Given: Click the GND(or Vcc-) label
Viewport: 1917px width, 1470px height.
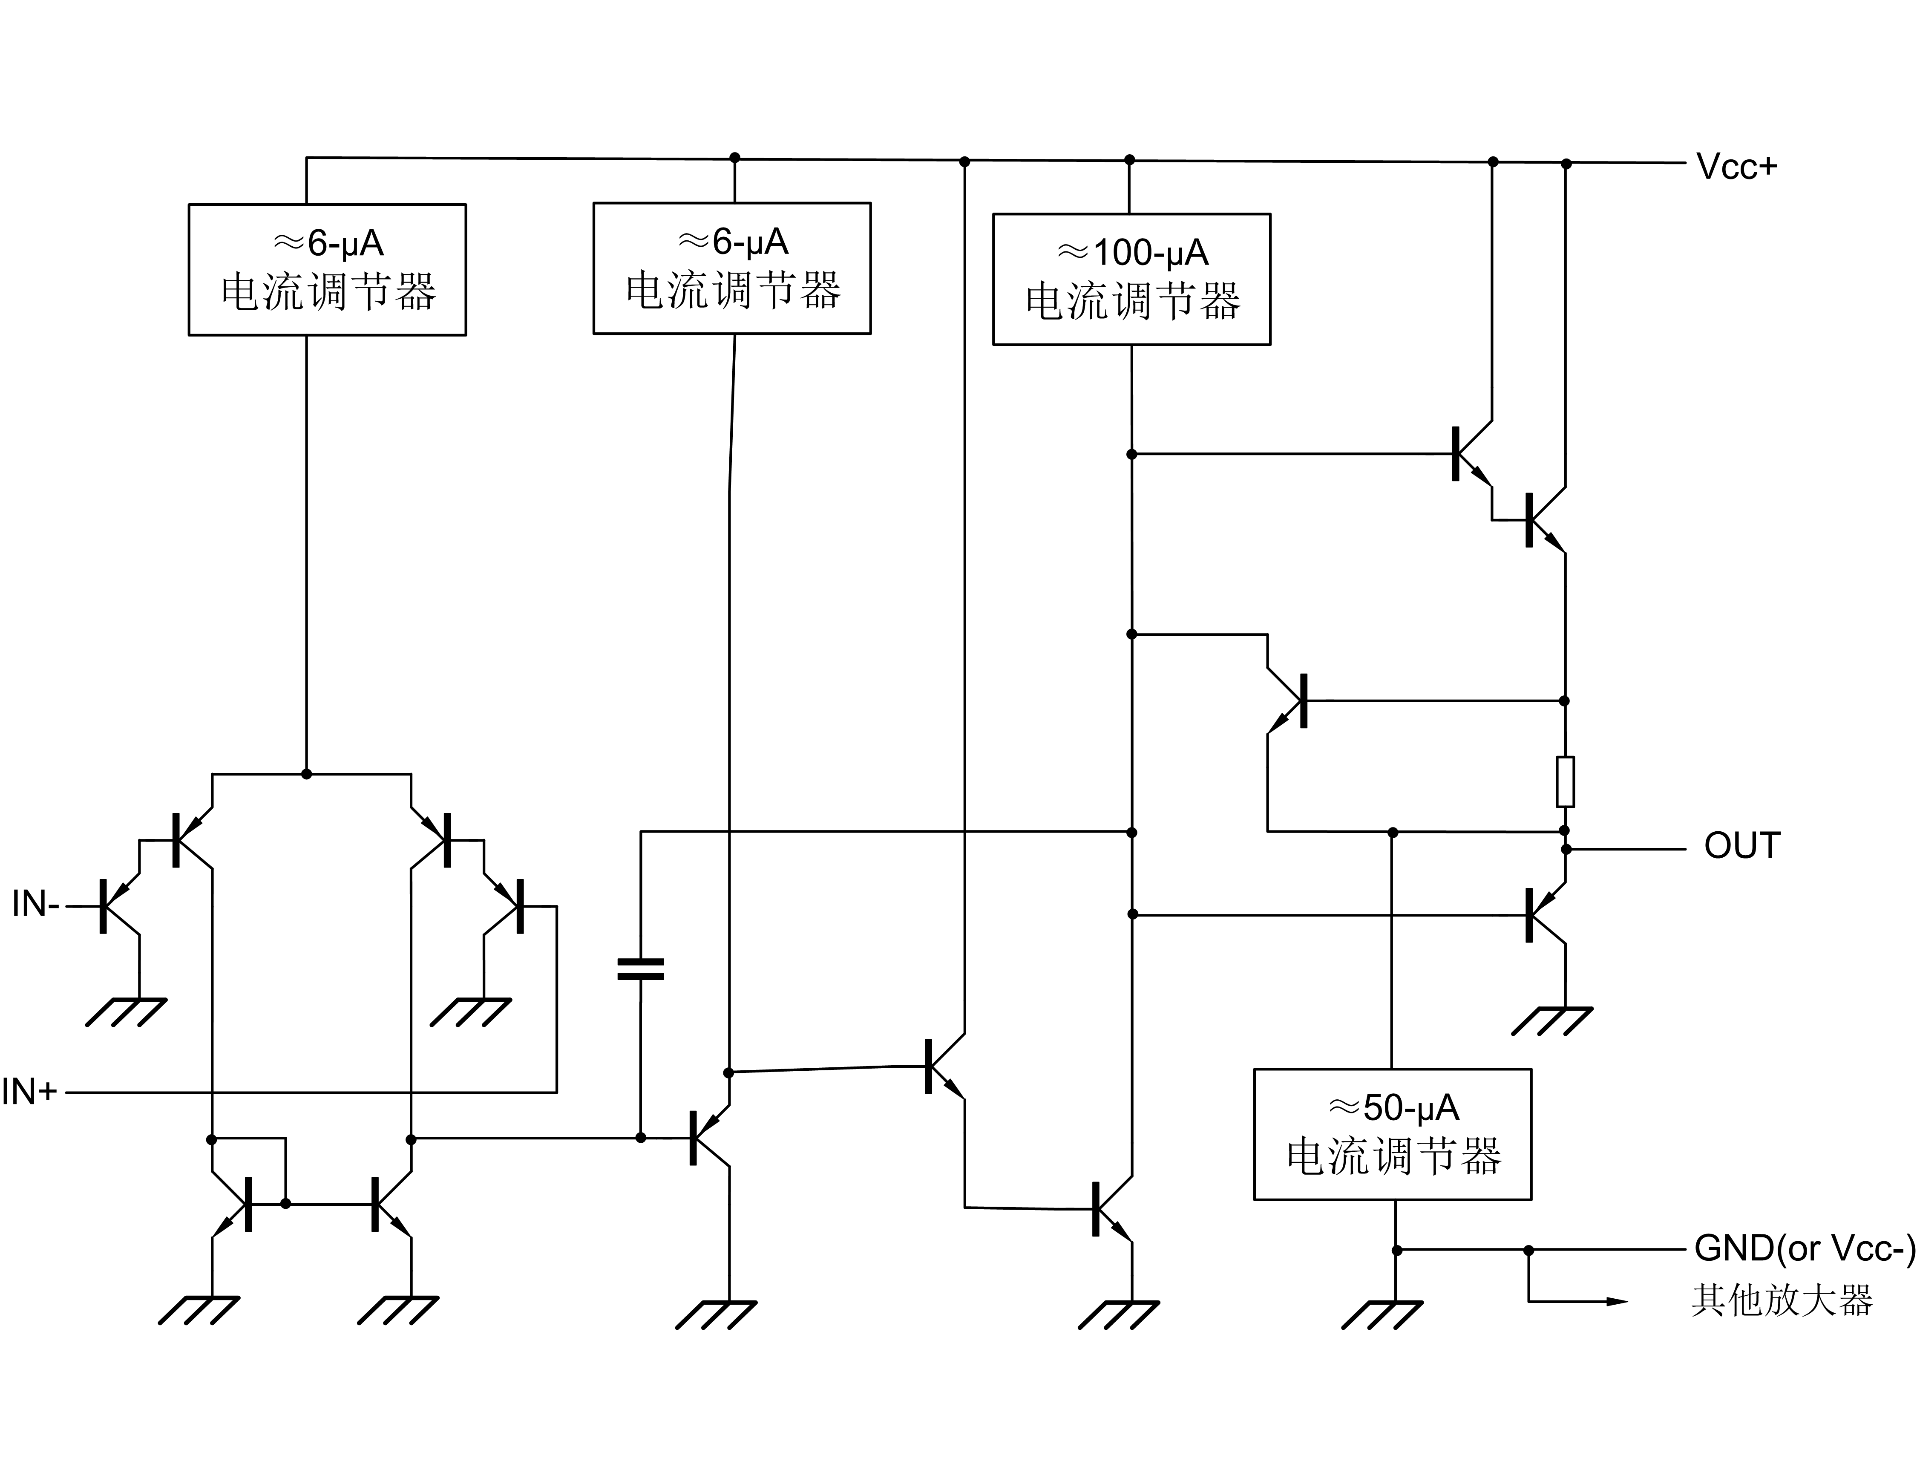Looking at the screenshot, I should [1804, 1248].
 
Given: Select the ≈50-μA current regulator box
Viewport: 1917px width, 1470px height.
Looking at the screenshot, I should [1392, 1134].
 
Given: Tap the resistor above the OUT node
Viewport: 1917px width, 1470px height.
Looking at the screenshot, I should [1565, 781].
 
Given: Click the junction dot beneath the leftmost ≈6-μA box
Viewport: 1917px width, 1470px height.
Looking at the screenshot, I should [306, 774].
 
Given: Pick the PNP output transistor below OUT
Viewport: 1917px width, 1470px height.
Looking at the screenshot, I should [1544, 914].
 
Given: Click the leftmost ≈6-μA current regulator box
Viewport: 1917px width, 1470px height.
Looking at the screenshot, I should [327, 269].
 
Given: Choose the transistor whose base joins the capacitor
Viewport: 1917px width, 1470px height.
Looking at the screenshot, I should [709, 1139].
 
